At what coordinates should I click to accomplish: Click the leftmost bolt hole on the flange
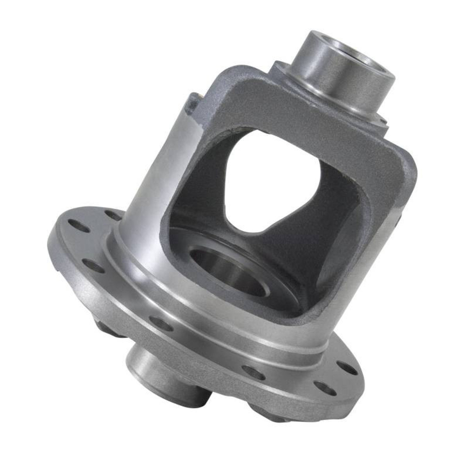click(x=74, y=225)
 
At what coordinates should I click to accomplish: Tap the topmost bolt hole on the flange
click(x=113, y=215)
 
